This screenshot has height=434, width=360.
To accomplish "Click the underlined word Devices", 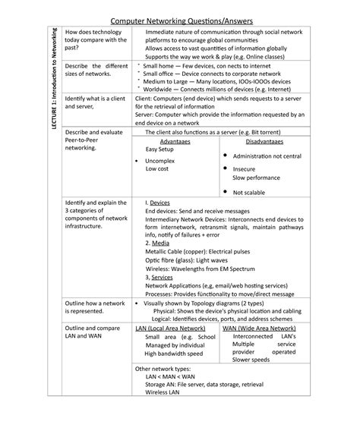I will coord(159,203).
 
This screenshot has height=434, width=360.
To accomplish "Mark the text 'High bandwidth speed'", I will coord(173,353).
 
